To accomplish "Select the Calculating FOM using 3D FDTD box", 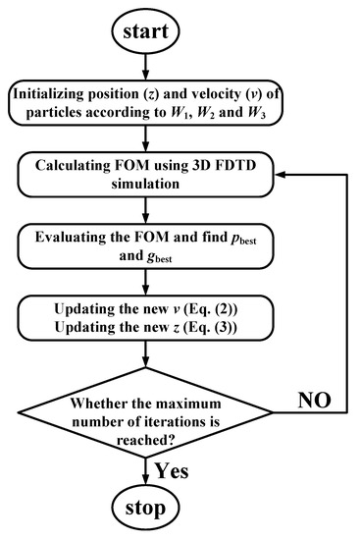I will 146,182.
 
